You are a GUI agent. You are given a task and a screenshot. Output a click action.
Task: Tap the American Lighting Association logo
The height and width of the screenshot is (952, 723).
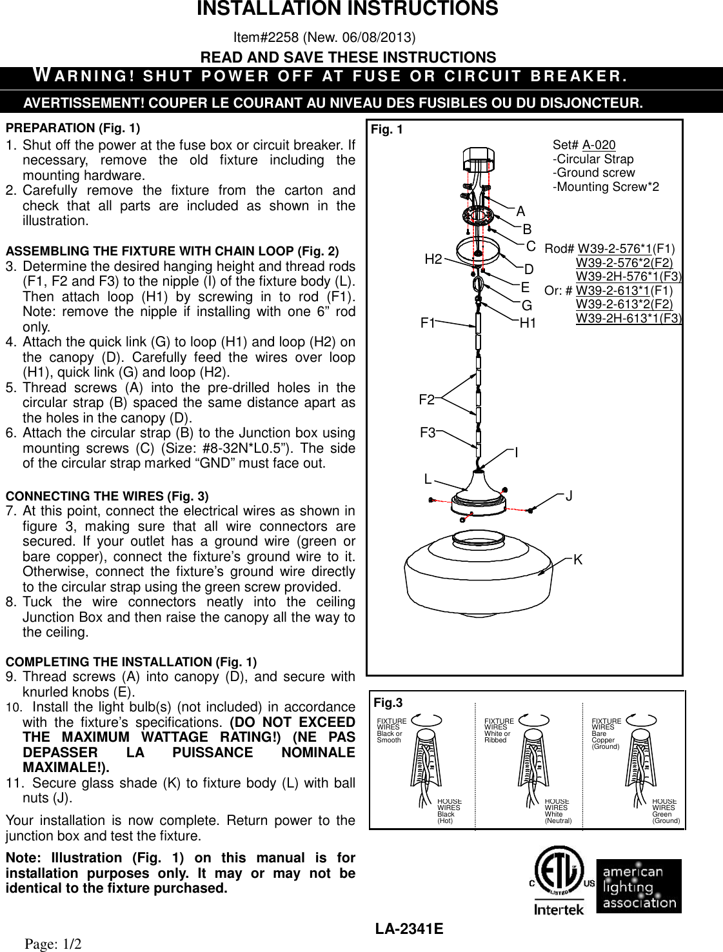639,886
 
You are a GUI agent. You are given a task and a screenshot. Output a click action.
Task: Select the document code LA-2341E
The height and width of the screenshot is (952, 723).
409,929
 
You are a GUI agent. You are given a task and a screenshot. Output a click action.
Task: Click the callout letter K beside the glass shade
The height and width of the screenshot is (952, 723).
578,560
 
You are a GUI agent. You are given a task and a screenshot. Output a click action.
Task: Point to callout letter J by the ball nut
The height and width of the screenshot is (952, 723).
569,496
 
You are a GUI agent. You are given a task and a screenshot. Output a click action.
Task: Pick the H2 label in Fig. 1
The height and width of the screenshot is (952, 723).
433,260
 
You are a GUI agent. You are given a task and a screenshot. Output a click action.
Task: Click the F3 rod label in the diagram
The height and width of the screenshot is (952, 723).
428,433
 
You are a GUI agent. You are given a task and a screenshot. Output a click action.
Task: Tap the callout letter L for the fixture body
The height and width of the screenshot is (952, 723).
428,479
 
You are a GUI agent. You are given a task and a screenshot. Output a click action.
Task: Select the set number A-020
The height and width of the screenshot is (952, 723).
599,145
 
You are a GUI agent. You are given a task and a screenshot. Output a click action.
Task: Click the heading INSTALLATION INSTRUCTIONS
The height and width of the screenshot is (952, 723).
348,9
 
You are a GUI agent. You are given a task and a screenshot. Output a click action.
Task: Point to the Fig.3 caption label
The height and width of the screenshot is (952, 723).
388,702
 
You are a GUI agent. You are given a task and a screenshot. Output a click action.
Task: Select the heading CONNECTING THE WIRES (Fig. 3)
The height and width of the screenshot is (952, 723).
107,496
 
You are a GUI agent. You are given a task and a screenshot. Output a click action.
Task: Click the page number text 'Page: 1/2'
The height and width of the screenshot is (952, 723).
54,944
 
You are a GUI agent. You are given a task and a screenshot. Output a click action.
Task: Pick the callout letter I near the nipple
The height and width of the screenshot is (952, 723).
517,453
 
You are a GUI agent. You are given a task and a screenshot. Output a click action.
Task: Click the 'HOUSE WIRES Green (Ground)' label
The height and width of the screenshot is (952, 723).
666,811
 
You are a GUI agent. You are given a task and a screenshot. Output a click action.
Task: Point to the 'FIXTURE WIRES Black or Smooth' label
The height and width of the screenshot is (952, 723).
391,731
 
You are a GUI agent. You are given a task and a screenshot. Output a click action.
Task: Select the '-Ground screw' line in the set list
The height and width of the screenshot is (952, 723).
593,173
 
